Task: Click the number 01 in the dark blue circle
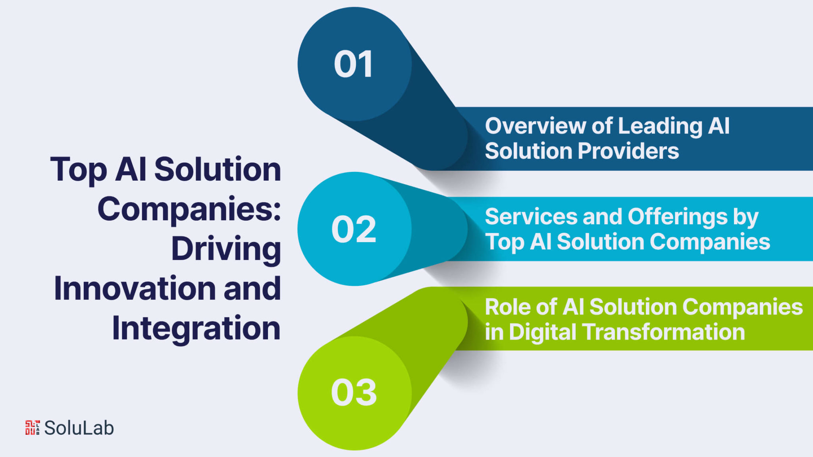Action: [x=353, y=64]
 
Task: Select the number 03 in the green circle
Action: [x=354, y=392]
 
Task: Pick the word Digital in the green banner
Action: [x=542, y=332]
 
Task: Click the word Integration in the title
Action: [x=196, y=329]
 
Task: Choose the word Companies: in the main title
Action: [x=189, y=210]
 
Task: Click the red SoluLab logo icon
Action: [x=33, y=428]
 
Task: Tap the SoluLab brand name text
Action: [x=79, y=428]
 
